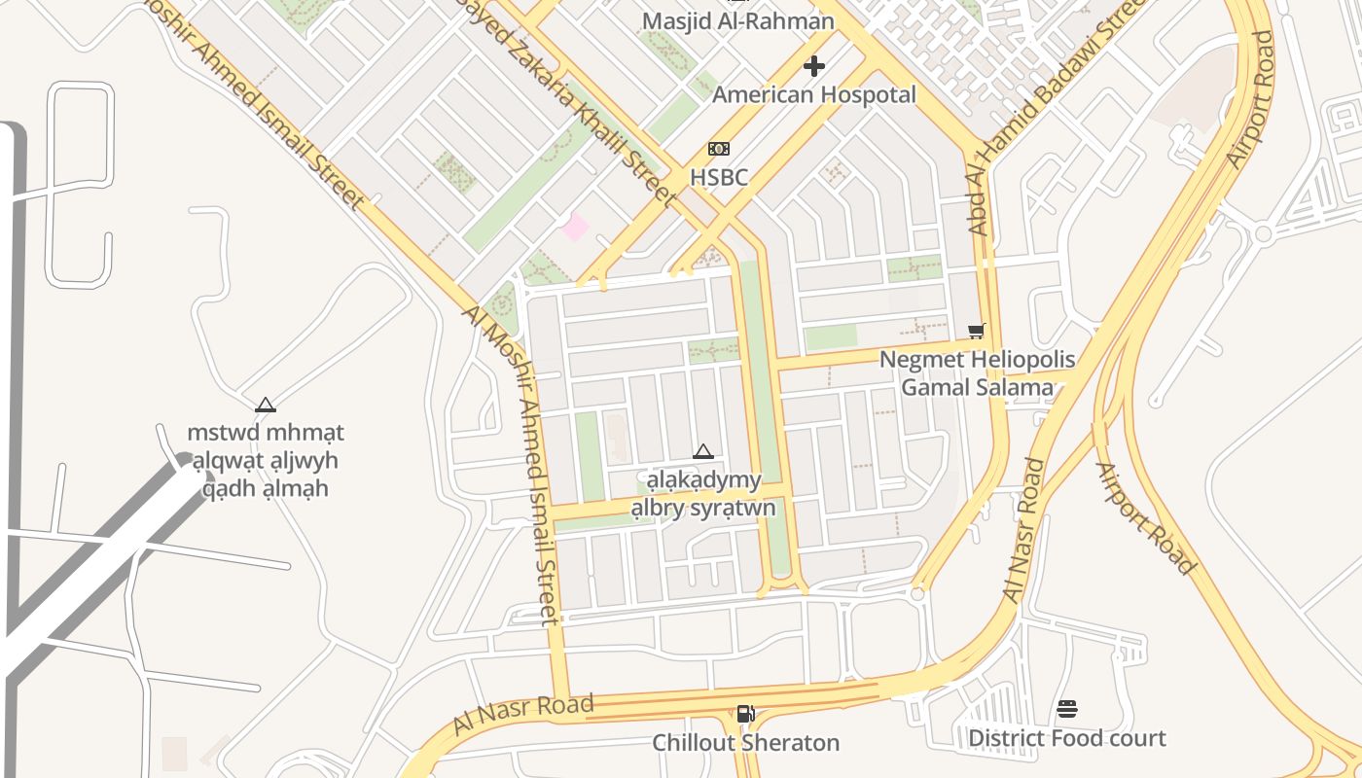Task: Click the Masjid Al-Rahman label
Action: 737,20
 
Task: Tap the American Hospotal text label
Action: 814,94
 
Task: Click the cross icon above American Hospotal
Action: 814,66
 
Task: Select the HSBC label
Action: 719,177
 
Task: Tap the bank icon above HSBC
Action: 719,149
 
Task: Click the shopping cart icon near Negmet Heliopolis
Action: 977,331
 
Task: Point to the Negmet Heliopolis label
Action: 977,360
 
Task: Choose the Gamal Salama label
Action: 977,387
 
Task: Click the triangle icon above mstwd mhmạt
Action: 266,405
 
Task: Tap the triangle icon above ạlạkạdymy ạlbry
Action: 703,452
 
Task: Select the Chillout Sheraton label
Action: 745,742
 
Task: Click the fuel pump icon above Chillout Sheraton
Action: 745,714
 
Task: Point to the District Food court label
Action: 1066,738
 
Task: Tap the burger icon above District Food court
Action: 1067,709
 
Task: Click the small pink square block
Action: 575,228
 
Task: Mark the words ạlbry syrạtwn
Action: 703,508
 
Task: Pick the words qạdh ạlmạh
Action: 266,487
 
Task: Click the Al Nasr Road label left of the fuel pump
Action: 522,716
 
